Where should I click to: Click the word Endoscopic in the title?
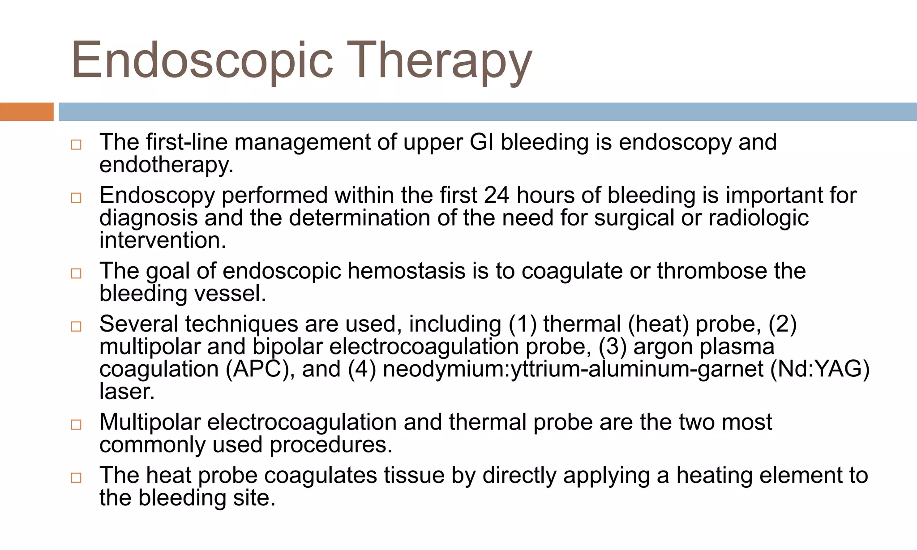[202, 60]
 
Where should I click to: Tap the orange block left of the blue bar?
[26, 112]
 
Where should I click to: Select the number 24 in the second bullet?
[497, 196]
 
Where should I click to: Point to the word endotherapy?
[166, 165]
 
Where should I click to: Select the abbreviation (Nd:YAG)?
[819, 369]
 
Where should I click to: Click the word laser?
[127, 392]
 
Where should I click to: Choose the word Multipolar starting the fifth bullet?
[150, 422]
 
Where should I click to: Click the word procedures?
[331, 445]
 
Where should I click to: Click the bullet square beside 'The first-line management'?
[76, 145]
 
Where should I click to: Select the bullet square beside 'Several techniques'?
[76, 326]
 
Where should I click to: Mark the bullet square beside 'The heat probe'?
[76, 478]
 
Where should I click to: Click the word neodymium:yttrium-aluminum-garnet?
[573, 369]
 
